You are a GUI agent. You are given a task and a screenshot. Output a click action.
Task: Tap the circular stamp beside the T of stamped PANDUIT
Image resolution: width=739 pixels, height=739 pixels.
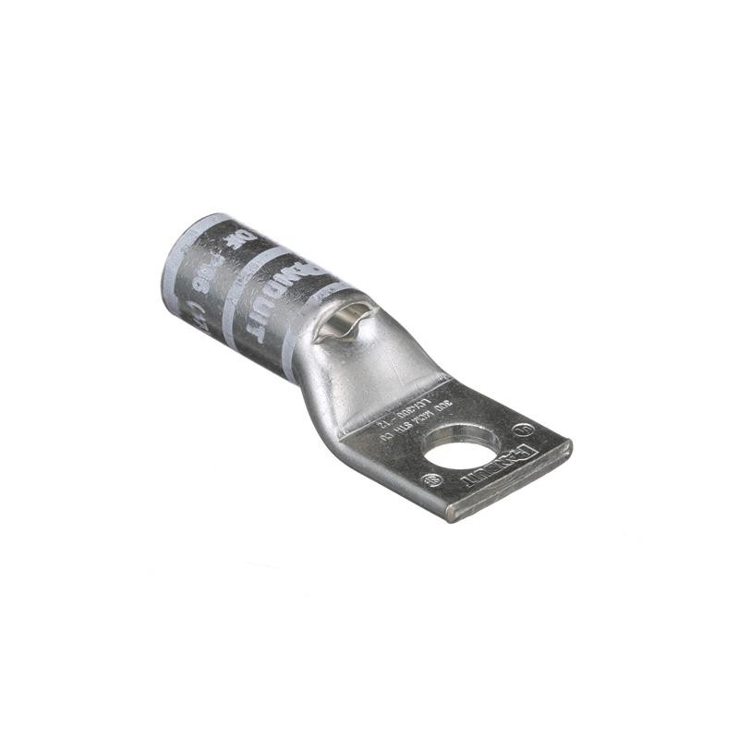point(431,480)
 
